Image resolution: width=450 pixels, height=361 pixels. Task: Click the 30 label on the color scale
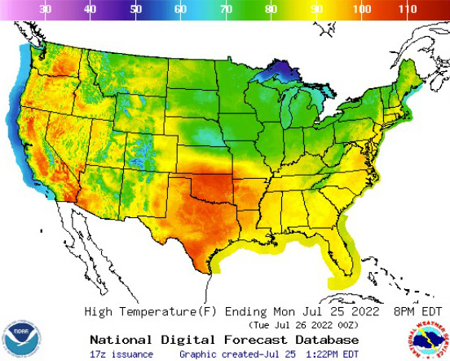click(x=46, y=8)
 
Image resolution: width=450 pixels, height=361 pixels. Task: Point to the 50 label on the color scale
click(x=136, y=8)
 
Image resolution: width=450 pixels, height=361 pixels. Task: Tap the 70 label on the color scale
click(x=226, y=8)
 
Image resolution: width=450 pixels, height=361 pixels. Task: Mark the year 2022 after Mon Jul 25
click(x=325, y=311)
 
